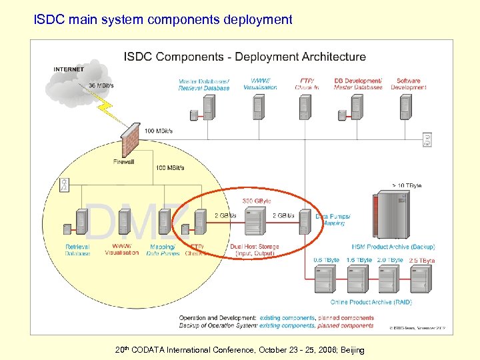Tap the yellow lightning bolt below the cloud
[111, 109]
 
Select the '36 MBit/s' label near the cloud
[101, 85]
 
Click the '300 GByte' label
[256, 201]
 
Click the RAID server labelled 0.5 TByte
[326, 279]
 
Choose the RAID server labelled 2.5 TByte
[421, 279]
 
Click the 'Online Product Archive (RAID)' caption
[371, 302]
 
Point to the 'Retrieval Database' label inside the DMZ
[77, 250]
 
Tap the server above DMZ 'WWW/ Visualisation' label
[124, 223]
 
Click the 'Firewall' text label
[123, 162]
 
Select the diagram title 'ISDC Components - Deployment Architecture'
[244, 57]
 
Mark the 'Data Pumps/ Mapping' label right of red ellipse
[333, 220]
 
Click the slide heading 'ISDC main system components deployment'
[163, 19]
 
